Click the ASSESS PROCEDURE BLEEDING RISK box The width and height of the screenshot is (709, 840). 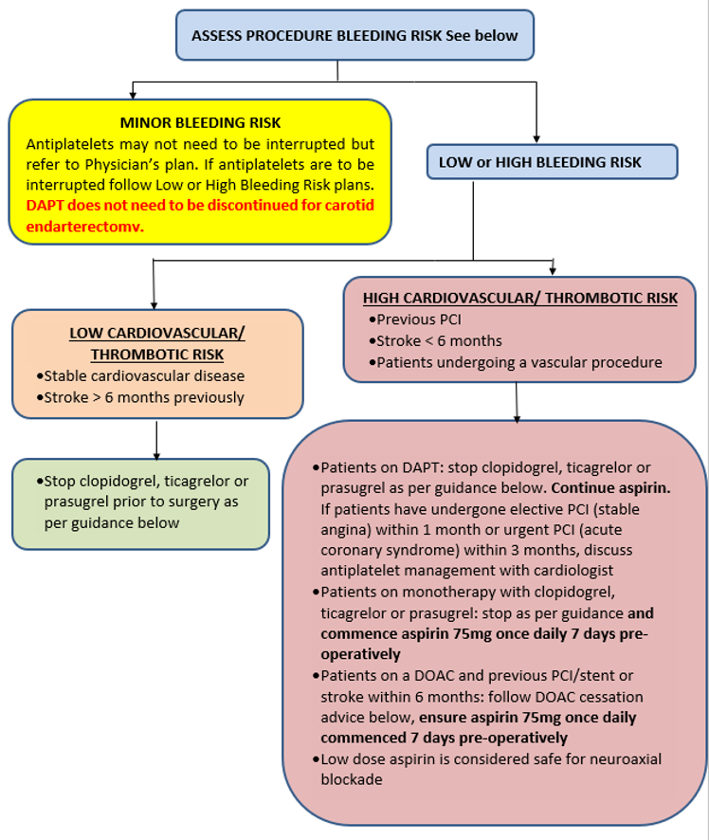[x=354, y=35]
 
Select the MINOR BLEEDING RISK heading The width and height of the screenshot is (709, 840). [x=200, y=123]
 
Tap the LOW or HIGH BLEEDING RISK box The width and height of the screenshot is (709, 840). [x=552, y=162]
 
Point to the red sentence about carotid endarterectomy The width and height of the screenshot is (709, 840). [x=200, y=214]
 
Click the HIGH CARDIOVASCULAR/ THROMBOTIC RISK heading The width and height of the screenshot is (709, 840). [x=520, y=298]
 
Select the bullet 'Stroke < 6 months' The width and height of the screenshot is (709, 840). [x=439, y=340]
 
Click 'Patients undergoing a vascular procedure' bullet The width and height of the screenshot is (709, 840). [x=518, y=362]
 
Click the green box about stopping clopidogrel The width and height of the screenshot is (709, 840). [x=156, y=502]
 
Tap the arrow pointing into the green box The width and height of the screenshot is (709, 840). [x=156, y=452]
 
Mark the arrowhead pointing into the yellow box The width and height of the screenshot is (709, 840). [x=133, y=95]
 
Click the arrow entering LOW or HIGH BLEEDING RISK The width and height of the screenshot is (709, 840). [x=537, y=137]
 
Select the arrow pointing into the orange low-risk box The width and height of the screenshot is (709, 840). [x=153, y=302]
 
